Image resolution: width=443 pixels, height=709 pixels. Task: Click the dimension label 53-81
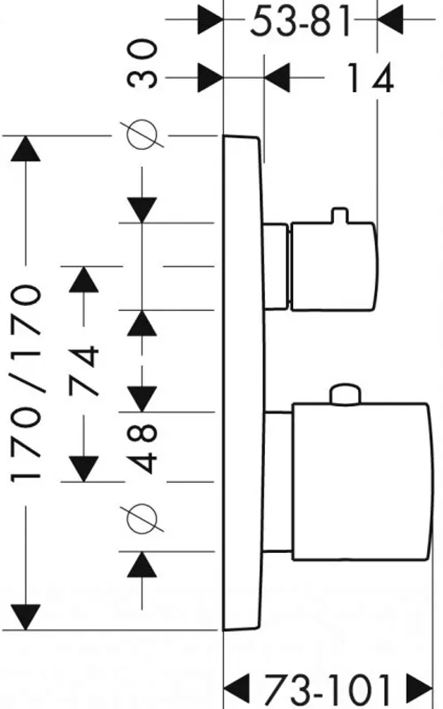coord(300,21)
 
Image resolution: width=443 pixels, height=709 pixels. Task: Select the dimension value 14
coord(370,78)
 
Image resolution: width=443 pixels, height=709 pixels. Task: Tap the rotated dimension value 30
coord(143,63)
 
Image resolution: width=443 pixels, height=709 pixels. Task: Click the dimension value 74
coord(83,370)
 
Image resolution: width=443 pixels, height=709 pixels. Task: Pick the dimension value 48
coord(143,448)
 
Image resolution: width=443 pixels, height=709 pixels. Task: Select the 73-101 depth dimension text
coord(327,690)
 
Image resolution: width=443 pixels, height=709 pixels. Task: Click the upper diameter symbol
coord(142,135)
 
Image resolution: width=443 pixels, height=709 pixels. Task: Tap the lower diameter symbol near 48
coord(142,518)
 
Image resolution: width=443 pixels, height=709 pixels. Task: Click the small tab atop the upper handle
coord(340,215)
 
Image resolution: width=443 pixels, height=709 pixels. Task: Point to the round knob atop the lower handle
coord(346,393)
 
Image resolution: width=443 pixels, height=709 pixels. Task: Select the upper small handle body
coord(333,267)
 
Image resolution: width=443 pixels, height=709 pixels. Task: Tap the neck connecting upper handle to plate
coord(276,267)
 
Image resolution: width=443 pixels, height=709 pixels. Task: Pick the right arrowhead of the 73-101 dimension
coord(420,690)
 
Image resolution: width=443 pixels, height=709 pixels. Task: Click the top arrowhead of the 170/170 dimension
coord(27,148)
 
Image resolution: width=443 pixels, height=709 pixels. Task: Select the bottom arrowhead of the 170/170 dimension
coord(27,617)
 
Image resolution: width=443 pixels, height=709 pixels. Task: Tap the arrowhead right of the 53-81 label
coord(390,20)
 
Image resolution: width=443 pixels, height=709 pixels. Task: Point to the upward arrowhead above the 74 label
coord(83,279)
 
